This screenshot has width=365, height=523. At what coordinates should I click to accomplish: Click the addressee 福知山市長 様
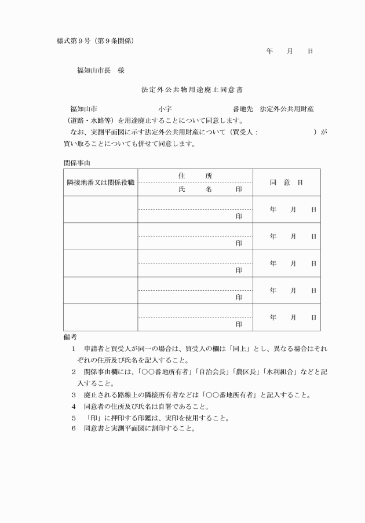[101, 71]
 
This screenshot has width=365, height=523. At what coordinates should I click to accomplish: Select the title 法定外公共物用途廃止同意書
[183, 90]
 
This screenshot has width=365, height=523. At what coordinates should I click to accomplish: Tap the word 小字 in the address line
[164, 109]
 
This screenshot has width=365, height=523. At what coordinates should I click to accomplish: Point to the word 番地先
[243, 109]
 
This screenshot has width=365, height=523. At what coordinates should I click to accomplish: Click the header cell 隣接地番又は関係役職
[100, 182]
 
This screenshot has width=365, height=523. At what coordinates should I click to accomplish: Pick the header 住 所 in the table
[195, 175]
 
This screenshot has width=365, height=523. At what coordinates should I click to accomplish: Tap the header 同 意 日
[286, 182]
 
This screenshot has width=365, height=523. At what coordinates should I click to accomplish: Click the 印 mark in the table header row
[239, 189]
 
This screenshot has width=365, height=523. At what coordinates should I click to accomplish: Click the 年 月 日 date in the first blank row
[293, 209]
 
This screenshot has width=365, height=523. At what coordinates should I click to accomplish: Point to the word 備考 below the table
[70, 336]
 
